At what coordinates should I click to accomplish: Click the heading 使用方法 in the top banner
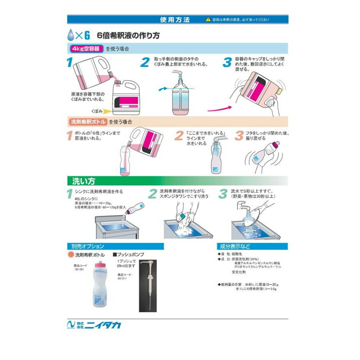(x=175, y=19)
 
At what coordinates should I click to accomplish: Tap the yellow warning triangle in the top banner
(x=207, y=20)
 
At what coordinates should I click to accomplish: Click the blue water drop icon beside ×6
(x=71, y=35)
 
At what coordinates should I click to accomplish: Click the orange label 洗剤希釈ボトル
(x=87, y=122)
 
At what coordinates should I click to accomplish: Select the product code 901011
(x=122, y=278)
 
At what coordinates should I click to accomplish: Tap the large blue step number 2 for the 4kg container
(x=145, y=62)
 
